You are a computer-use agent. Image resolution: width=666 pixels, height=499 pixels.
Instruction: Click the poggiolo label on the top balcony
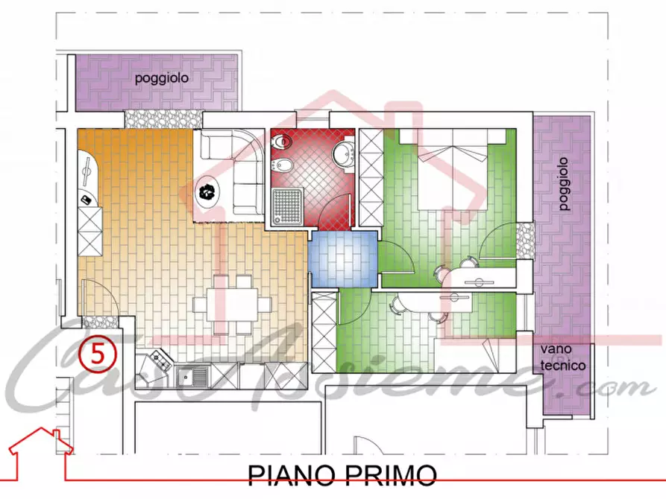tap(161, 77)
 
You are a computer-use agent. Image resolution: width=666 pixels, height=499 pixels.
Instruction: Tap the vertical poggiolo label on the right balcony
tap(564, 184)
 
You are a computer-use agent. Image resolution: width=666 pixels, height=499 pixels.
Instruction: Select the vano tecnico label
tap(564, 360)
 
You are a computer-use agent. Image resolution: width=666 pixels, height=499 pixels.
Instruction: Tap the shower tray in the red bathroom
tap(286, 206)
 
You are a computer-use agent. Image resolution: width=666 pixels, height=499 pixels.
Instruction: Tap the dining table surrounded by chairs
tap(232, 304)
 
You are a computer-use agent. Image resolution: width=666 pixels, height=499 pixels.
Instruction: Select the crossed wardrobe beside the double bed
tap(370, 178)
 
